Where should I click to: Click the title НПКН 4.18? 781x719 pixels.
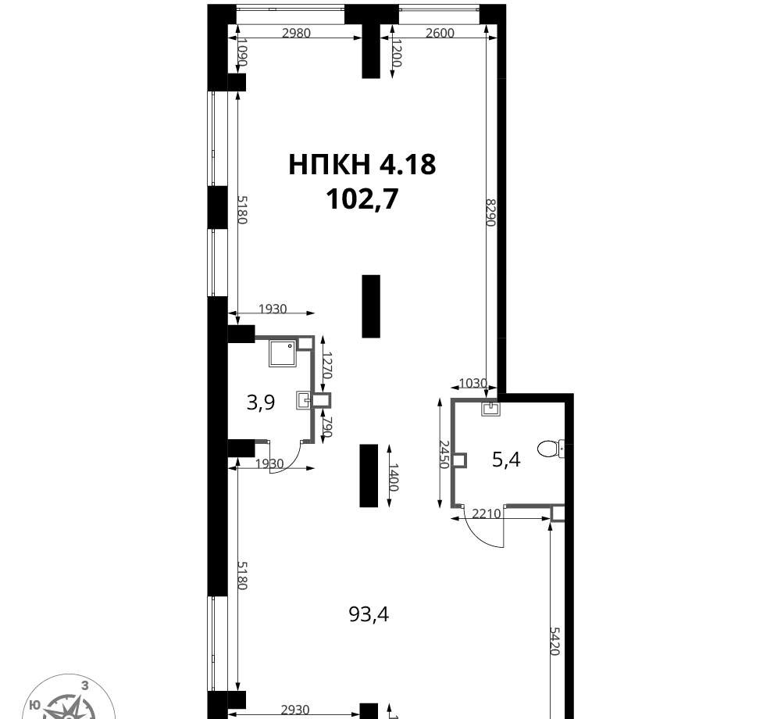tap(362, 164)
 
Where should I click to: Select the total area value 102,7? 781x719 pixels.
tap(362, 199)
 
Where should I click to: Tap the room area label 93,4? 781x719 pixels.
tap(369, 615)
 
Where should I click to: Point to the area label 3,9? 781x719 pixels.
tap(261, 402)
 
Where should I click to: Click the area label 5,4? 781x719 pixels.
tap(506, 460)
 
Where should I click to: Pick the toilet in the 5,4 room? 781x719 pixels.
tap(551, 449)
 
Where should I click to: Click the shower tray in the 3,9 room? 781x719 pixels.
tap(283, 352)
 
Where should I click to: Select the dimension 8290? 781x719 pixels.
tap(490, 213)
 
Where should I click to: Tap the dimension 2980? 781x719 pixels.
tap(296, 33)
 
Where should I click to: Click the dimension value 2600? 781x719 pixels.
tap(440, 33)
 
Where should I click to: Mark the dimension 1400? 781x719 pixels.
tap(394, 478)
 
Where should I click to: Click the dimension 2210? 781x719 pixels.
tap(486, 513)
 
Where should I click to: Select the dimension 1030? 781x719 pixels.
tap(473, 383)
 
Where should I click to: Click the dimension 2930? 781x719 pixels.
tap(295, 709)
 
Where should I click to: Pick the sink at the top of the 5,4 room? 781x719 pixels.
tap(490, 409)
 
